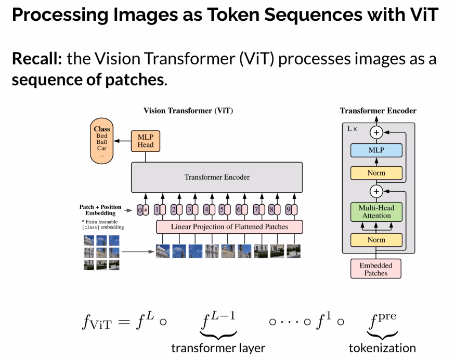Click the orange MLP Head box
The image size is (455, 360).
[146, 141]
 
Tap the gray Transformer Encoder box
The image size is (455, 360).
[216, 177]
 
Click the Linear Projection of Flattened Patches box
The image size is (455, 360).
[229, 227]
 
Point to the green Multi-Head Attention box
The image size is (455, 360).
[376, 211]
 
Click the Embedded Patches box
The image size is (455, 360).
[376, 269]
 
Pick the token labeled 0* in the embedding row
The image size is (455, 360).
[142, 210]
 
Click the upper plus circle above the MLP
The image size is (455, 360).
[376, 132]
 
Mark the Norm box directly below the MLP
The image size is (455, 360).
[376, 173]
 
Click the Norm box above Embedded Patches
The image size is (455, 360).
[376, 240]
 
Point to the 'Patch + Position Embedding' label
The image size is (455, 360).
[100, 210]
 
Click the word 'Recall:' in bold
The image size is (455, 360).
[37, 59]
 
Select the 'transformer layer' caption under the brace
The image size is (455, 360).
[218, 348]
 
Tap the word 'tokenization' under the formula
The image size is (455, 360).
[382, 348]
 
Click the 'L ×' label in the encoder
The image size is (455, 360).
[352, 128]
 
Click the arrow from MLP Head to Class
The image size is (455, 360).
[123, 141]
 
